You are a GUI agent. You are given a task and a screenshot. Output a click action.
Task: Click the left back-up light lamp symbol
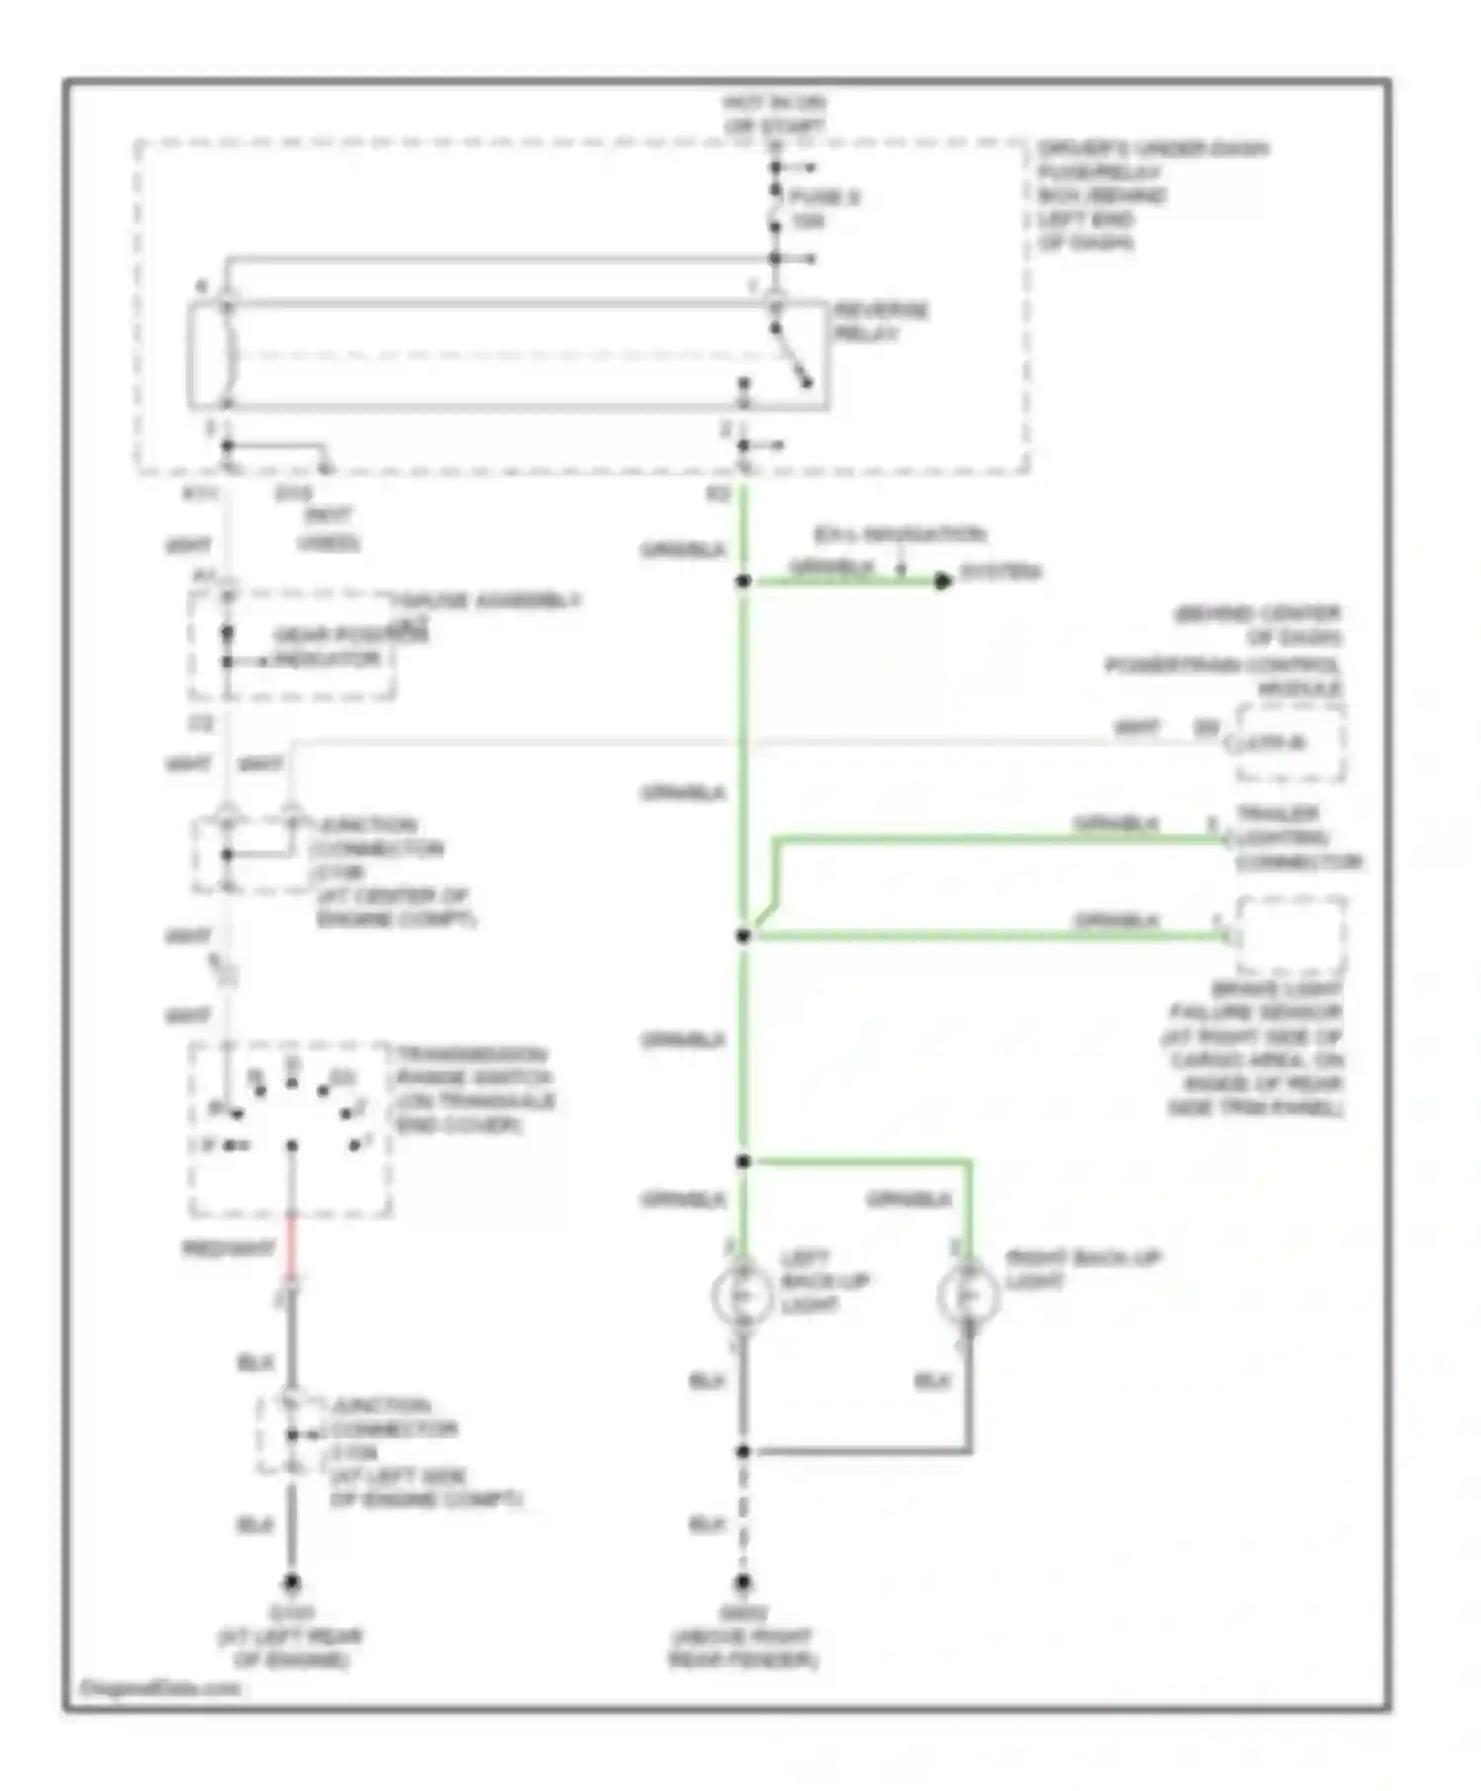742,1293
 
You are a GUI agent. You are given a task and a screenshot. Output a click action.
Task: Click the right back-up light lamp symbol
969,1293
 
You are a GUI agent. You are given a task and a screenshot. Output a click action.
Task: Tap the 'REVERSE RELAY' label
881,322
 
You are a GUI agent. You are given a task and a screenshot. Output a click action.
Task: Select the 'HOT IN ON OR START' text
774,115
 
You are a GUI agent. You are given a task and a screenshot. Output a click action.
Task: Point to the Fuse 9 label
822,208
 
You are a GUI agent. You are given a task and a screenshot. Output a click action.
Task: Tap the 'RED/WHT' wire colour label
228,1249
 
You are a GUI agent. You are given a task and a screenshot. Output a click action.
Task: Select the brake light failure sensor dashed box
1290,935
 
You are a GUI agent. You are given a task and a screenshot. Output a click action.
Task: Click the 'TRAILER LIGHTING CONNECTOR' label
1297,838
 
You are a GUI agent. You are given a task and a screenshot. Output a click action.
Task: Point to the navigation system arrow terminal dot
943,582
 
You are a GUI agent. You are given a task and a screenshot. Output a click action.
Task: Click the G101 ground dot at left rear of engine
291,1582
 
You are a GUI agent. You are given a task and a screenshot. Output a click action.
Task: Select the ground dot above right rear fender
743,1582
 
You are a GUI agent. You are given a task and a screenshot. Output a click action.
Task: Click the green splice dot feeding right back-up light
743,1161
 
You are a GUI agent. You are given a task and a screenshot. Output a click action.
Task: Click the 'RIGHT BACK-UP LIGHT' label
1082,1269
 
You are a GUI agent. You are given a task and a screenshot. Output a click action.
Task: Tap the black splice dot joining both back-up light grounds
743,1450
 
